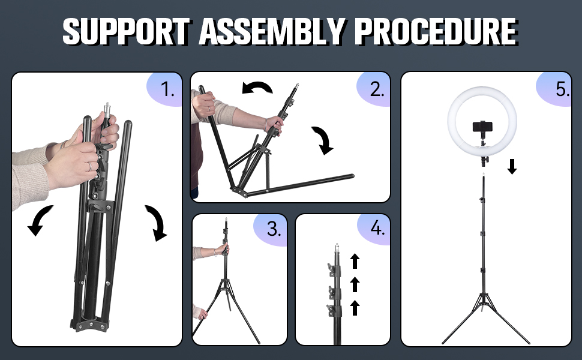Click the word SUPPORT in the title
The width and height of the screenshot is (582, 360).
pos(126,32)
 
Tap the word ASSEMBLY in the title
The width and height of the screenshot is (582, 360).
pos(274,32)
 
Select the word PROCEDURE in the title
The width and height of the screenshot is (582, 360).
pos(437,32)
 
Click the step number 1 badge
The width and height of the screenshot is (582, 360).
pos(166,89)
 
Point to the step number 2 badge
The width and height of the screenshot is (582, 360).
pos(375,89)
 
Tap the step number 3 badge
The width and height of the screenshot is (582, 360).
pos(271,229)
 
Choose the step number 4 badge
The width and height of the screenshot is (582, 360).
pos(375,229)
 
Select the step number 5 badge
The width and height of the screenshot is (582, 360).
pos(555,89)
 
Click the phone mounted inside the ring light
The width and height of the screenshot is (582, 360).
pos(482,127)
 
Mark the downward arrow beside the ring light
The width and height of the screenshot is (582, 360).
pos(512,166)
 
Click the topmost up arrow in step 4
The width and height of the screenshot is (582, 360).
pos(355,261)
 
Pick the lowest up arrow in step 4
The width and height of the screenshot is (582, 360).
pos(355,308)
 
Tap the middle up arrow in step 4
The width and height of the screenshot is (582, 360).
pos(355,284)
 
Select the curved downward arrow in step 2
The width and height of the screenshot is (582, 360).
pos(323,139)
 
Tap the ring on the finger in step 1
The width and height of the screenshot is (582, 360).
pos(90,166)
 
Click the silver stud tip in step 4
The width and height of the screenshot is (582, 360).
pos(337,247)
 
